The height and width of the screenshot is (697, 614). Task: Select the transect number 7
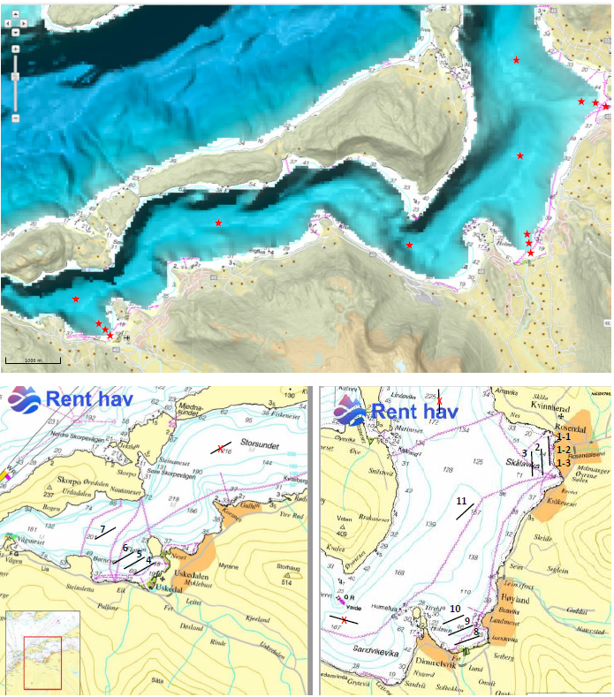pos(103,529)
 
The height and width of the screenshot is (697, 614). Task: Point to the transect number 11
pos(461,501)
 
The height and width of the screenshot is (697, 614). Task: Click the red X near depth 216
pos(221,449)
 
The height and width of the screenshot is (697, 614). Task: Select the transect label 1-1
pos(564,436)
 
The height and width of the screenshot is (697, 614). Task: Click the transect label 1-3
pos(563,463)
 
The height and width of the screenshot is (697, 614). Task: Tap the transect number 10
pos(454,609)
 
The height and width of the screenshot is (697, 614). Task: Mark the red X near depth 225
pos(439,400)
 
